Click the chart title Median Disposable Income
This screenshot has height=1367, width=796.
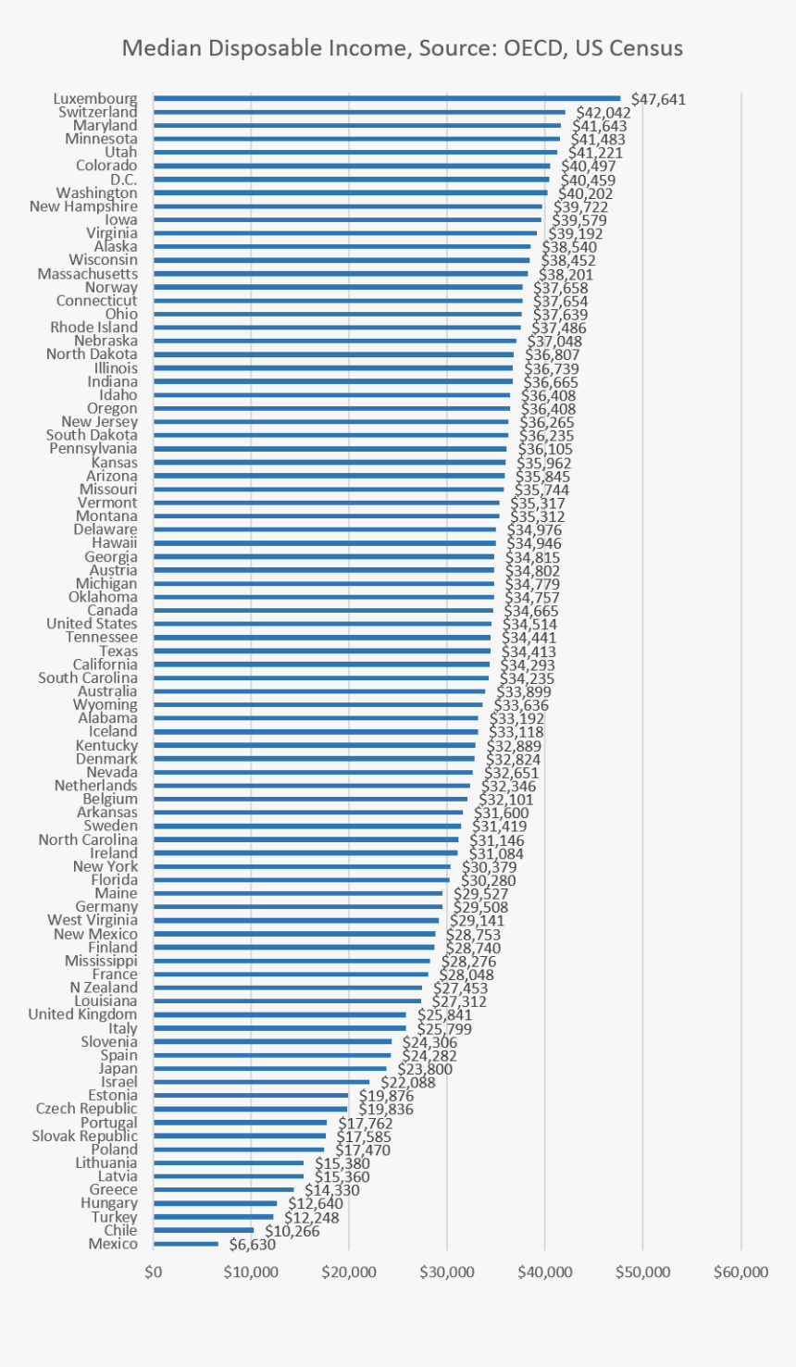(x=403, y=48)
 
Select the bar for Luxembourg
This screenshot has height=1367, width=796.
(x=387, y=98)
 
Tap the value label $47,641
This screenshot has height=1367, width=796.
(x=658, y=99)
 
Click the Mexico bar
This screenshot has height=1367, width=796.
(x=186, y=1244)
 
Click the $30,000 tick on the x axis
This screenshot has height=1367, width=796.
(x=447, y=1272)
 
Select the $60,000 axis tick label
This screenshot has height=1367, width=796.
(x=740, y=1272)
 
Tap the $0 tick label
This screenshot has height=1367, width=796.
(x=154, y=1272)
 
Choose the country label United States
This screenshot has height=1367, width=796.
(x=92, y=624)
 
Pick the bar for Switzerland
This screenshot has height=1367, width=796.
(x=359, y=112)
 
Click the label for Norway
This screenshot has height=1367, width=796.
(x=111, y=287)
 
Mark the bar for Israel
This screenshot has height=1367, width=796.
(x=262, y=1082)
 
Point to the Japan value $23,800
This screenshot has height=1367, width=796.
(x=425, y=1069)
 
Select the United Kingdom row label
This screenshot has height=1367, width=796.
(x=82, y=1014)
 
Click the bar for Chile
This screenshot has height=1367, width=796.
(x=204, y=1230)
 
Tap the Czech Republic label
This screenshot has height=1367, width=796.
(x=86, y=1109)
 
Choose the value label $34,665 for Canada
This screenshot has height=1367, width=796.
(x=531, y=611)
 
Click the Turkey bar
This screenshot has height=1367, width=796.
(x=214, y=1217)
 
